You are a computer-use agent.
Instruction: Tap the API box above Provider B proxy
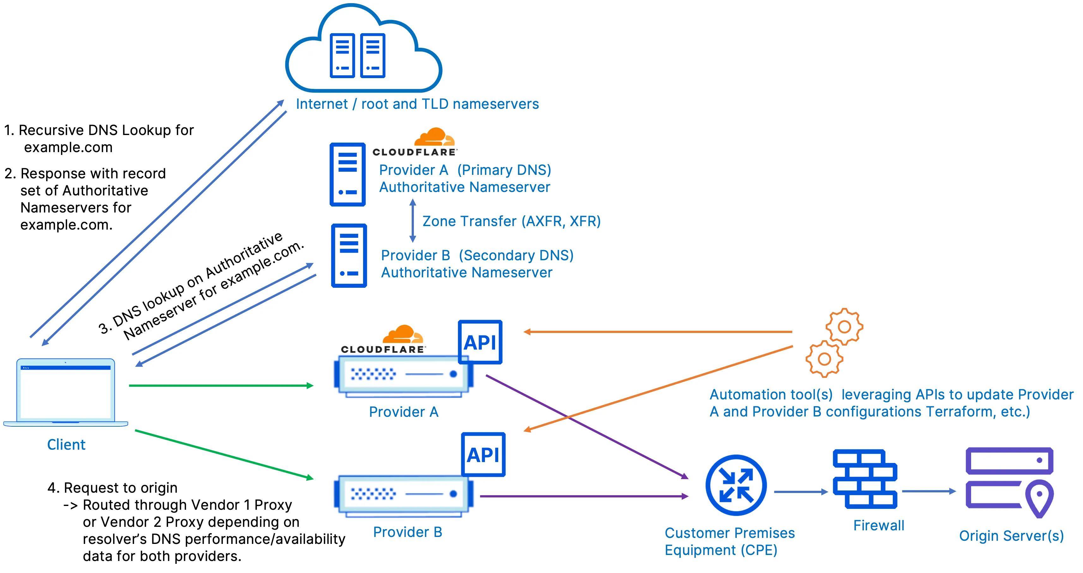[483, 454]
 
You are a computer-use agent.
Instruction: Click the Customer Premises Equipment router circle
[736, 485]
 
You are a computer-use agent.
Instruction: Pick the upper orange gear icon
[844, 327]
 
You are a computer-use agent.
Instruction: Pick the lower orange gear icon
[824, 359]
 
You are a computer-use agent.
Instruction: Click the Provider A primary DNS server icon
[347, 175]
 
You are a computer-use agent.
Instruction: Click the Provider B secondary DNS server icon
[349, 256]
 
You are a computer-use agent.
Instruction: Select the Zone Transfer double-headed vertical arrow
[412, 220]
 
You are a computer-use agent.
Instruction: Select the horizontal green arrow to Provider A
[221, 385]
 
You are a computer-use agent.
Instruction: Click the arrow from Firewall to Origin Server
[928, 491]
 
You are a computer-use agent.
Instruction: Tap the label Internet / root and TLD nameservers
[417, 104]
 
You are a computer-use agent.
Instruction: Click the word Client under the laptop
[66, 445]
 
